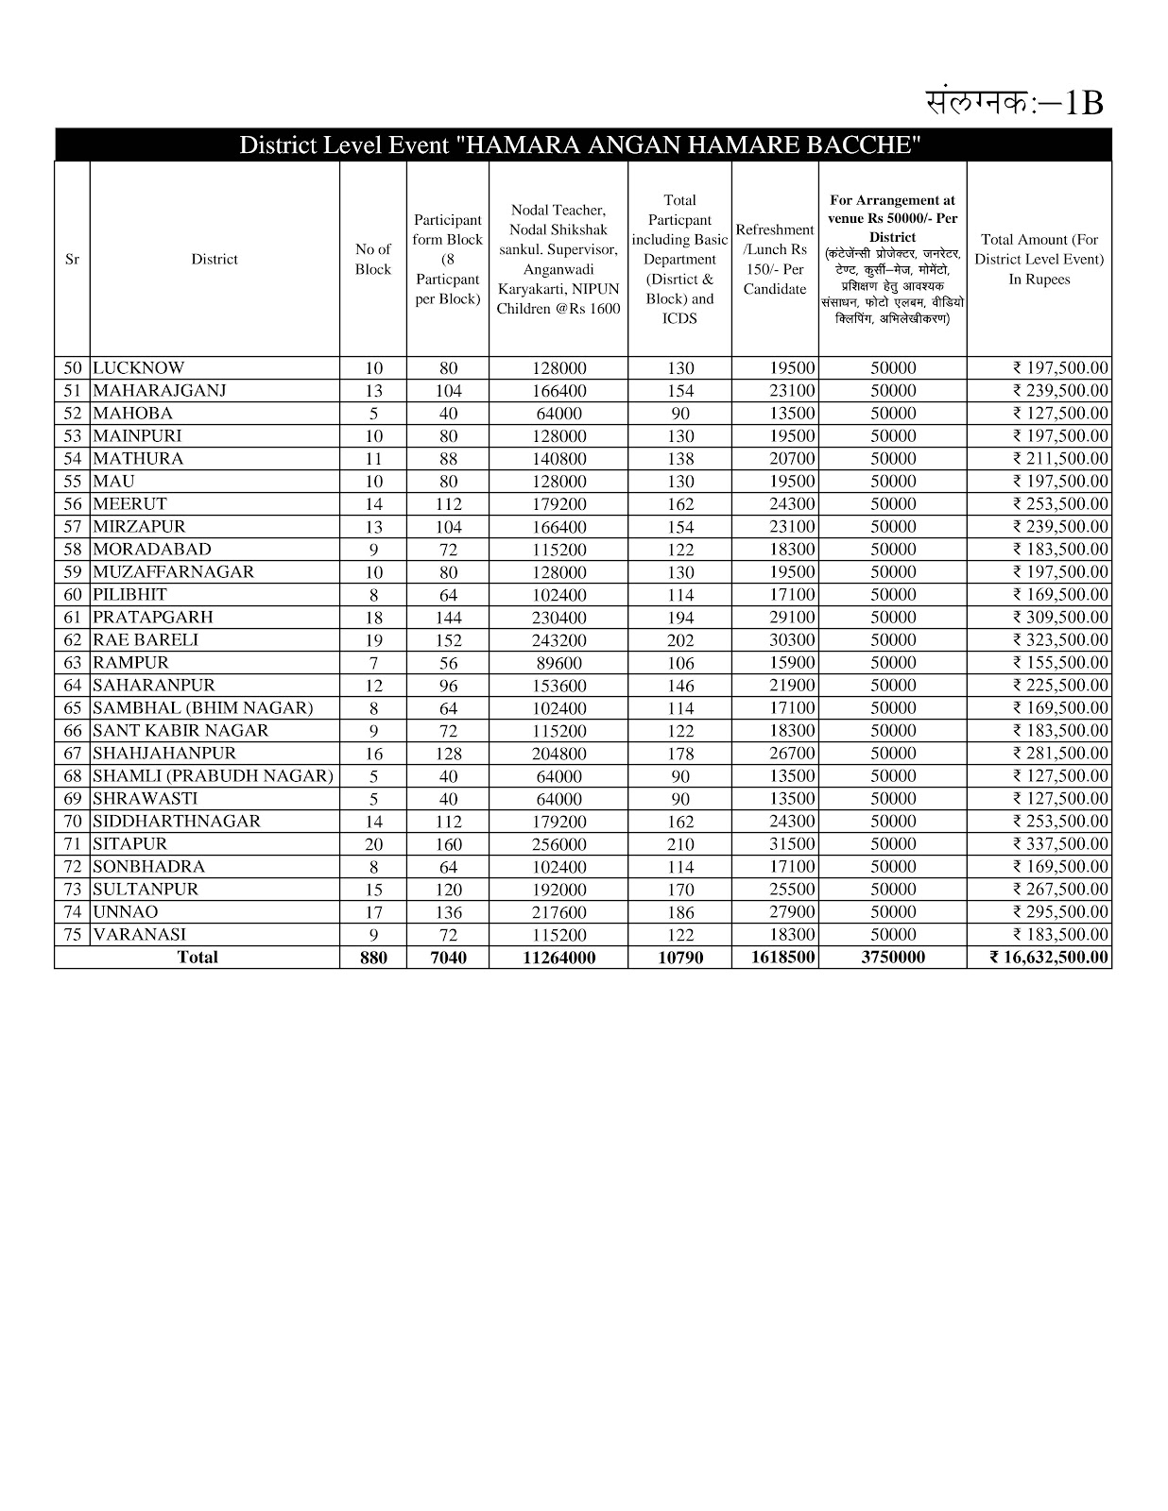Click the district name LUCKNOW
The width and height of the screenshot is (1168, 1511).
(138, 368)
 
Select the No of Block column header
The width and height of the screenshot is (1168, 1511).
(372, 259)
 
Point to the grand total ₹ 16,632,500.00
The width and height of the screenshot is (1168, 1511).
(1050, 958)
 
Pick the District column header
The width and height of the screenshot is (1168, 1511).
(215, 259)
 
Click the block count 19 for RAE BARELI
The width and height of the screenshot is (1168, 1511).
(373, 640)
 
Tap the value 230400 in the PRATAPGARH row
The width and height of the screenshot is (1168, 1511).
(558, 618)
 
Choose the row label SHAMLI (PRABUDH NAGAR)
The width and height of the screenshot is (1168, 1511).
(213, 776)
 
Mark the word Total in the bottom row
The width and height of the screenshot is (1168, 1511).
(198, 958)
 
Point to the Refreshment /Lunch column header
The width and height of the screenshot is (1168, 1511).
(775, 259)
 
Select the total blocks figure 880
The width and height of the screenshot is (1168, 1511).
(373, 958)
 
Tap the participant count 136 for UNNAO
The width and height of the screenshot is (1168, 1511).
(448, 912)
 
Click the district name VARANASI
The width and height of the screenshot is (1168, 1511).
(139, 935)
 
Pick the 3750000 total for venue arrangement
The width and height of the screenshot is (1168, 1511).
(893, 958)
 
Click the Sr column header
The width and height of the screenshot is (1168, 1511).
(72, 259)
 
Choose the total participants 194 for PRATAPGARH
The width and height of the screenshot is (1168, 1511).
(679, 618)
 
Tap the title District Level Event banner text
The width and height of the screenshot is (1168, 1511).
(580, 145)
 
